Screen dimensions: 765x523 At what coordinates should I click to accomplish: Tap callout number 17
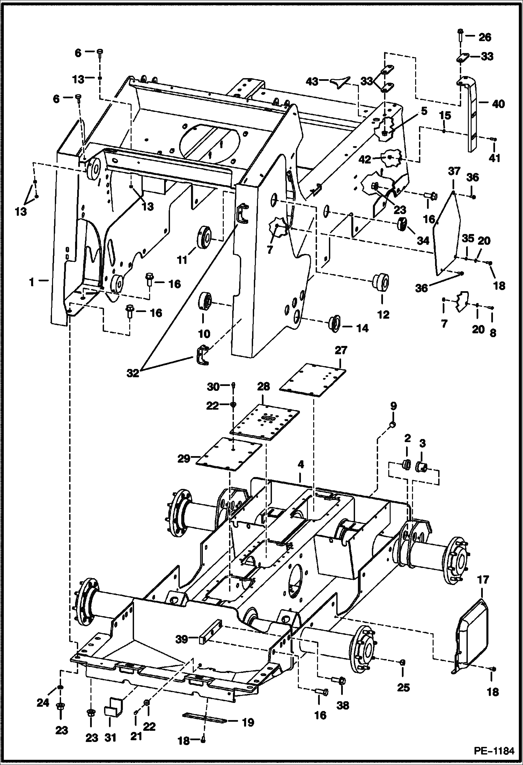click(483, 580)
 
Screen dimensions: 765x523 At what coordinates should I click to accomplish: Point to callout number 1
click(32, 282)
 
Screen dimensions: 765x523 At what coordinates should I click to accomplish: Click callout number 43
click(312, 81)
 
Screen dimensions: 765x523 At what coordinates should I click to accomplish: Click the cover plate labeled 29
click(229, 454)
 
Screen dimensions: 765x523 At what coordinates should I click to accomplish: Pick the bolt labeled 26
click(460, 36)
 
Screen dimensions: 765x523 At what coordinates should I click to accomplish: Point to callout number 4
click(301, 464)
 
